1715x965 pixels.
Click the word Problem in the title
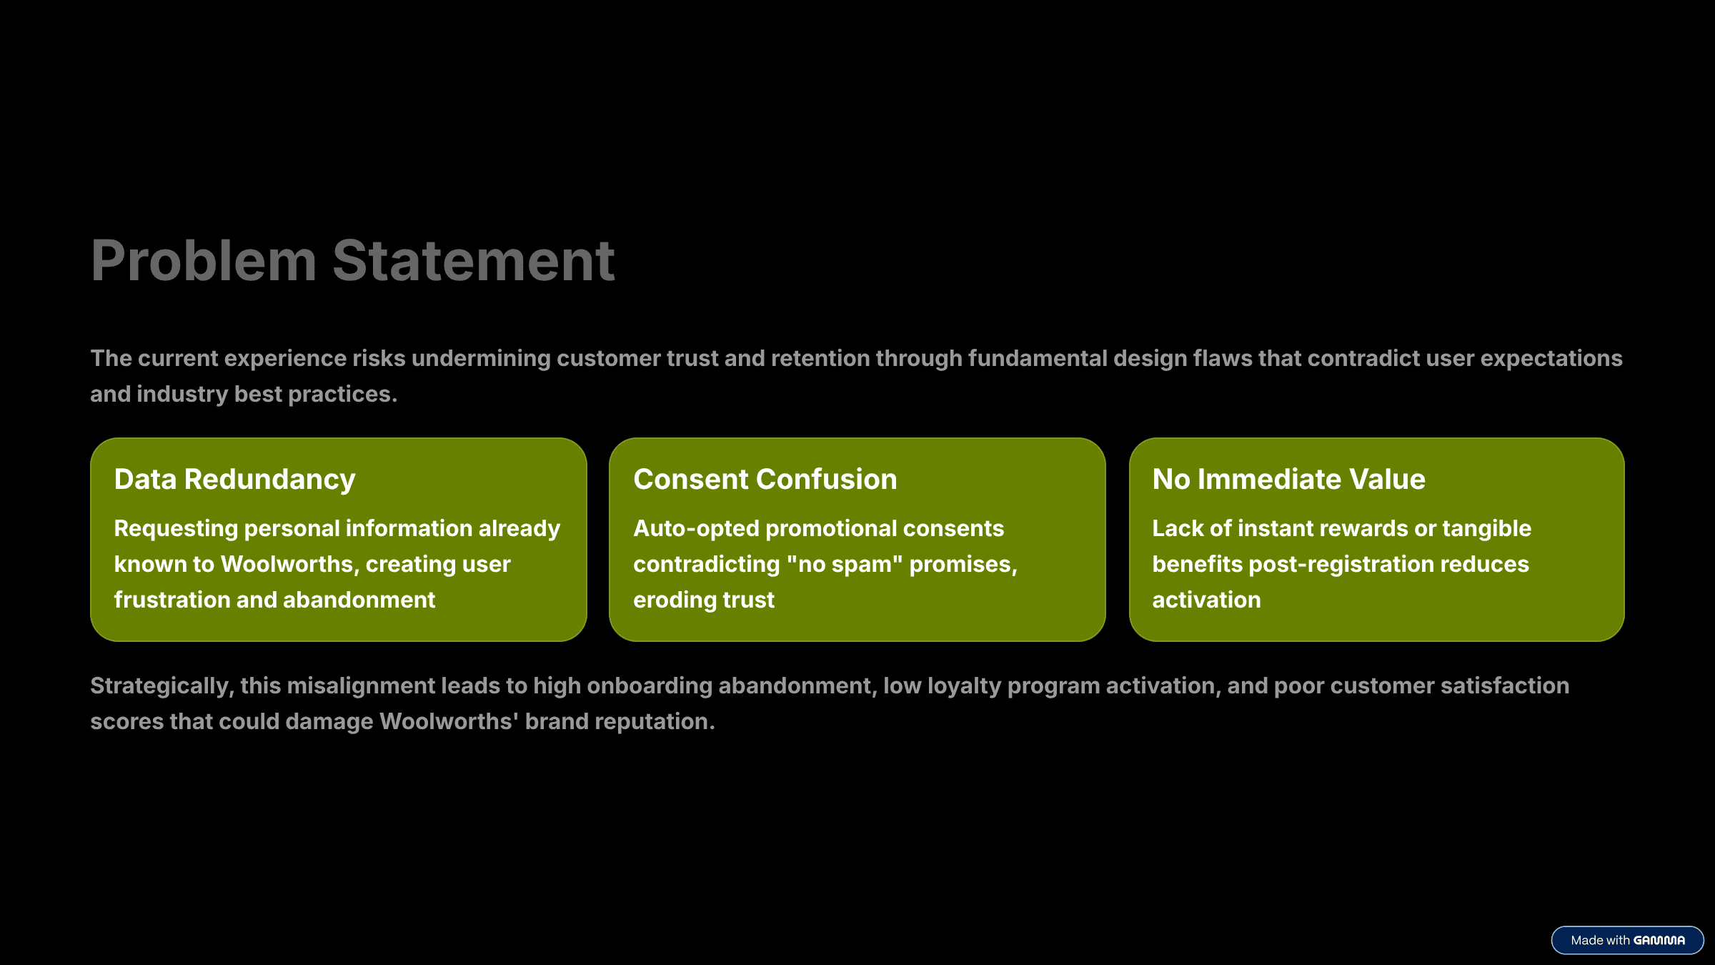[203, 261]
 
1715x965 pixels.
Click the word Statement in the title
[473, 261]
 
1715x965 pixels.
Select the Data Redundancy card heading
[234, 479]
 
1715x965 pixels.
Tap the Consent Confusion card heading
[765, 479]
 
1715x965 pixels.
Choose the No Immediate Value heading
[1288, 479]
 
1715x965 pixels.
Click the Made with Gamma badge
[1627, 940]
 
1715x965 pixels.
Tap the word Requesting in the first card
[176, 528]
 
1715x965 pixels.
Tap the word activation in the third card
[1206, 600]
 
